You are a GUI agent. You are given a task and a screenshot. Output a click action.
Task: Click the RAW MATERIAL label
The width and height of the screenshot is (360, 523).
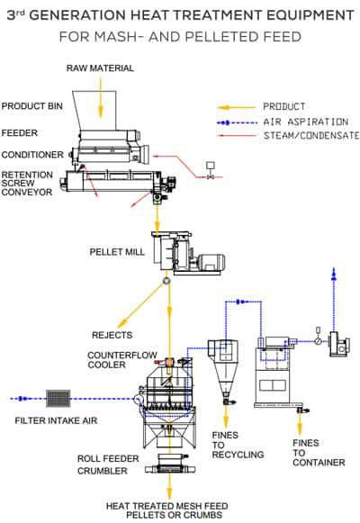(100, 68)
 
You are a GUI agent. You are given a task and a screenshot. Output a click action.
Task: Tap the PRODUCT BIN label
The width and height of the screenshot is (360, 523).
(32, 106)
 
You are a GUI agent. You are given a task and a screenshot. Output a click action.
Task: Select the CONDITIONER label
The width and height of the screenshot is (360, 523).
(32, 155)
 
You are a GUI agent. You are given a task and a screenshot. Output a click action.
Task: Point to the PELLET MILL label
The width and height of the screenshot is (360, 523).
(117, 251)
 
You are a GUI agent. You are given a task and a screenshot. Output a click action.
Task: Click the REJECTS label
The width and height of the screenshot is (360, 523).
(112, 335)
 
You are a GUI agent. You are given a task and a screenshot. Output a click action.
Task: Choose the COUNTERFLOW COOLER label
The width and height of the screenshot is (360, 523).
(122, 360)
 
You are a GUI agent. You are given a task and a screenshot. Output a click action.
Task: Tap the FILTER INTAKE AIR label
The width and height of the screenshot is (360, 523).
(56, 420)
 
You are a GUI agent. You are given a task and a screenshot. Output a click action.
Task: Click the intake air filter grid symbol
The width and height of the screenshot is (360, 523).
(58, 398)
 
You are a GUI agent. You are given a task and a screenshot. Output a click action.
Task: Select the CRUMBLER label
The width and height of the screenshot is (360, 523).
(103, 471)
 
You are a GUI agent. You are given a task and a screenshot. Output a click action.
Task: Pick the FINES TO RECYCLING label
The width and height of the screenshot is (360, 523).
(238, 445)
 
